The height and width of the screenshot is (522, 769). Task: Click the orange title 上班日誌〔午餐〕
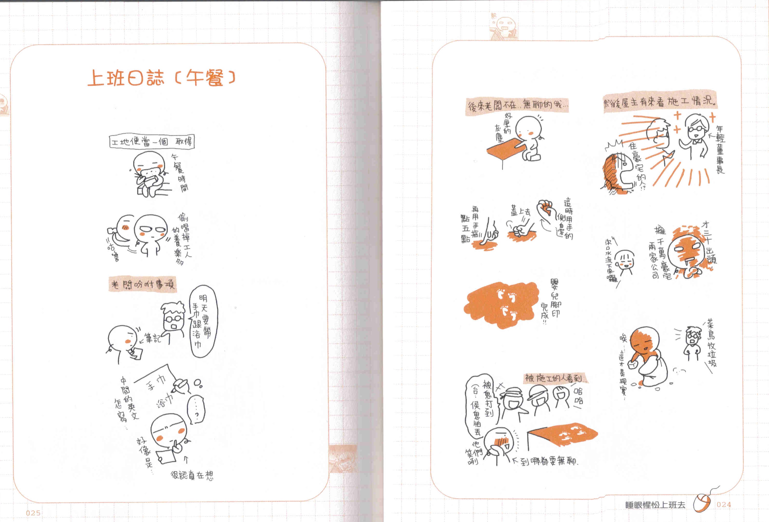point(162,78)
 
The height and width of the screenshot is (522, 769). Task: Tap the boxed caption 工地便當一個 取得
point(152,142)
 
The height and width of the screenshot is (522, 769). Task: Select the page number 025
point(33,513)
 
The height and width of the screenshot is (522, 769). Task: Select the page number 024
point(724,505)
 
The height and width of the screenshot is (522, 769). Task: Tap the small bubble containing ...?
point(196,410)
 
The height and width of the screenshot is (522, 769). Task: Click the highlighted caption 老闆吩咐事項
point(143,284)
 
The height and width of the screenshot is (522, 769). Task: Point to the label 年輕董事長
point(720,149)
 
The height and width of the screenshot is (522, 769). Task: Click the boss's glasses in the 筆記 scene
point(173,319)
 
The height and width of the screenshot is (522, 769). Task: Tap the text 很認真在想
point(192,475)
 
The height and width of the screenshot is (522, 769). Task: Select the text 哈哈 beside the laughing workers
point(578,396)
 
